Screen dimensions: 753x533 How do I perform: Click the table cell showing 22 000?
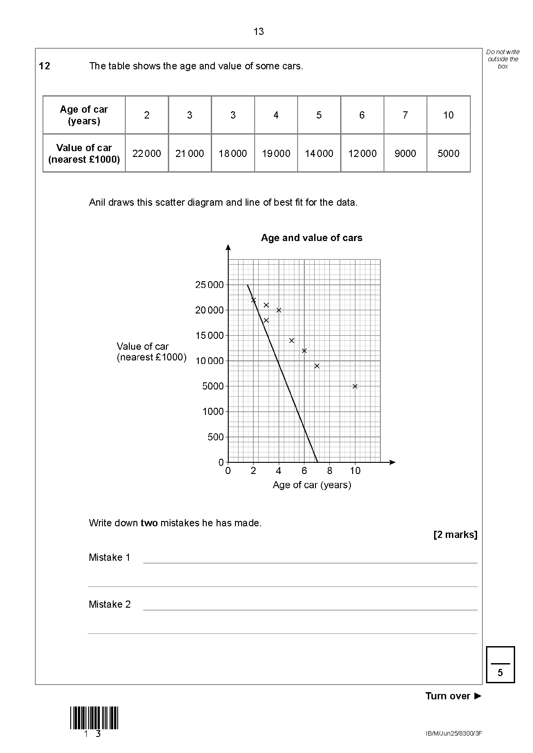(x=146, y=153)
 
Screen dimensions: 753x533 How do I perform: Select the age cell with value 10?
(x=448, y=115)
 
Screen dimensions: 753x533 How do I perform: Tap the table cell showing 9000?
(x=405, y=153)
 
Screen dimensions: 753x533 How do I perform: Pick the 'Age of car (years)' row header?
(x=84, y=115)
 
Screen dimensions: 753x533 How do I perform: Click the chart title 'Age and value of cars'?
(x=311, y=238)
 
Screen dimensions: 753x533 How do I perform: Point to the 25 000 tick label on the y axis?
(x=209, y=285)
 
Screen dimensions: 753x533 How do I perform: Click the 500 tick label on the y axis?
(x=215, y=437)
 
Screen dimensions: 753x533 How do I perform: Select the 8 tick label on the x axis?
(x=330, y=471)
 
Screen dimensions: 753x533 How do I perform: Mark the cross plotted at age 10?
(x=355, y=386)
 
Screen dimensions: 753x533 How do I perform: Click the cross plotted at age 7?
(x=317, y=366)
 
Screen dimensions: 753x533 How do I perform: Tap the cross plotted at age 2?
(x=253, y=300)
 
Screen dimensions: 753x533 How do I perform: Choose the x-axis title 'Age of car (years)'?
(x=312, y=485)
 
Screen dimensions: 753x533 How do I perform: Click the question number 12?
(x=45, y=66)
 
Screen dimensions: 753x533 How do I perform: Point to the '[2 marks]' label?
(x=455, y=535)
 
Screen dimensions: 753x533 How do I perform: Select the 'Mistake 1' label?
(x=110, y=558)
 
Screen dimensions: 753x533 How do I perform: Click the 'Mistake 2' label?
(x=110, y=605)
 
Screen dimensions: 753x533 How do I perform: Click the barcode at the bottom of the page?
(x=94, y=718)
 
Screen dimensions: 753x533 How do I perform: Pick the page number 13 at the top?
(x=259, y=32)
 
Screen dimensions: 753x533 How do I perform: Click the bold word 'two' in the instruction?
(x=149, y=523)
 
